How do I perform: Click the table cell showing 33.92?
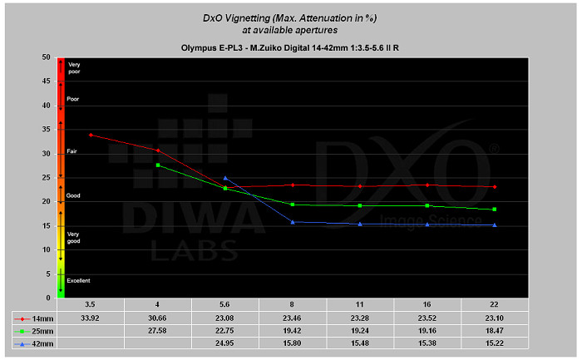click(91, 317)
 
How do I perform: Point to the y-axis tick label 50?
click(46, 57)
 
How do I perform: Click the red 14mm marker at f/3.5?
click(91, 135)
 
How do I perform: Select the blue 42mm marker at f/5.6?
click(225, 178)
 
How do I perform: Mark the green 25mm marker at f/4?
click(158, 165)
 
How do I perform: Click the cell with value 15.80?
click(293, 343)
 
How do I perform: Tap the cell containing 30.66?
click(158, 317)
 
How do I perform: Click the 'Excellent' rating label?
click(80, 281)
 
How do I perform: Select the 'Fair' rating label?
click(72, 152)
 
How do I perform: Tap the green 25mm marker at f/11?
click(360, 205)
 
